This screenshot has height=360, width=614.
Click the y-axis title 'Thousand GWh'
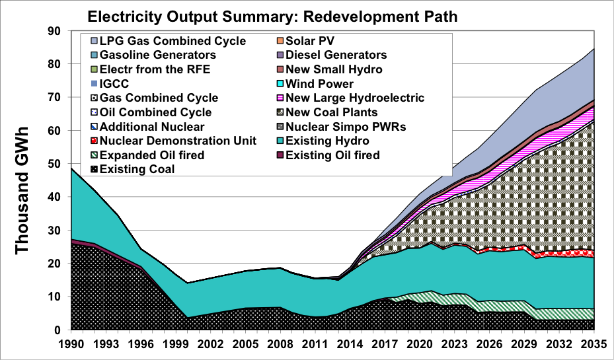[23, 181]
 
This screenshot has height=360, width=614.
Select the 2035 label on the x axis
[594, 344]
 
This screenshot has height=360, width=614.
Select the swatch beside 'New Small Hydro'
[281, 69]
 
